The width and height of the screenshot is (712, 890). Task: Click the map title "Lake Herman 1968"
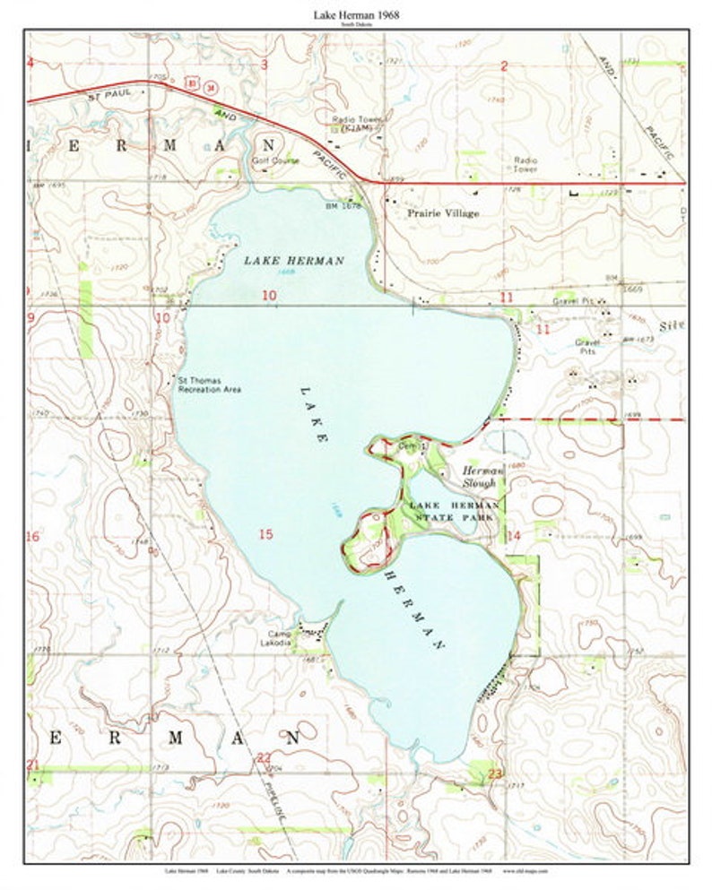point(356,15)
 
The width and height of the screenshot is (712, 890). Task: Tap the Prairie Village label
point(443,213)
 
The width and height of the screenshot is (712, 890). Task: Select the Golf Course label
point(274,161)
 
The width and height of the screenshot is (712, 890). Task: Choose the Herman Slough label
point(478,476)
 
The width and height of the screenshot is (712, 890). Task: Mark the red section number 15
point(265,534)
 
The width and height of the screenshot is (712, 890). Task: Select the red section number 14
point(513,536)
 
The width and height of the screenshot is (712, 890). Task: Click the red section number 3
point(265,65)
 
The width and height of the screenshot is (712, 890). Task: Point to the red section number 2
point(504,65)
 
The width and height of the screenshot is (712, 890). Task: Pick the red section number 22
point(264,757)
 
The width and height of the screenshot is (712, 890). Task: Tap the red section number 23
point(496,773)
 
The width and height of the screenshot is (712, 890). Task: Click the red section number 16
point(33,537)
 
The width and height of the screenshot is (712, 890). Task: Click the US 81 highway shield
point(191,83)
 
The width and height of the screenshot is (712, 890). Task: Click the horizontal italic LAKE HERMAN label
point(293,260)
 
